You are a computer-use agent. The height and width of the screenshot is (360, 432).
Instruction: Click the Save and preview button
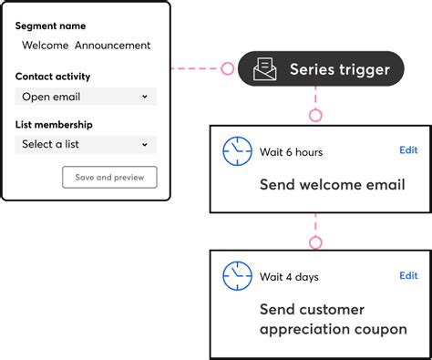[109, 177]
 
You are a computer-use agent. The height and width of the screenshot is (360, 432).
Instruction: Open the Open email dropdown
[86, 97]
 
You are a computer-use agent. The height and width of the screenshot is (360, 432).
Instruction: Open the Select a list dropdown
[86, 144]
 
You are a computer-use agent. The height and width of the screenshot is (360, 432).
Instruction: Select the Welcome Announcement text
[87, 46]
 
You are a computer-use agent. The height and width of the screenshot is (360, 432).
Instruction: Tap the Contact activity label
[53, 77]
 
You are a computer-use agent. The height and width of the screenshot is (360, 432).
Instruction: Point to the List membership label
[54, 125]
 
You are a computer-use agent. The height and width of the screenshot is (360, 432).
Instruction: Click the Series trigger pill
[321, 69]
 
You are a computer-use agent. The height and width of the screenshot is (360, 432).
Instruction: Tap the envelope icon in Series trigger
[265, 69]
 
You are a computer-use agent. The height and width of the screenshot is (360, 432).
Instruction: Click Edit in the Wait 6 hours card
[408, 150]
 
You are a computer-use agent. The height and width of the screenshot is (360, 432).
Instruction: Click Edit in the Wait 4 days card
[408, 275]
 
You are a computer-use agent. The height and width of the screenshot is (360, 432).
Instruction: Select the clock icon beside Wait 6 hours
[237, 151]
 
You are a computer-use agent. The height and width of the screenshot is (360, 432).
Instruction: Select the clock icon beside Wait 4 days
[237, 276]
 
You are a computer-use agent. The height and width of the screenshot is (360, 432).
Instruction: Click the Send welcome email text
[332, 185]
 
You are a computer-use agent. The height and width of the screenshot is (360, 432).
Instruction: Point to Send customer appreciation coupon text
[333, 319]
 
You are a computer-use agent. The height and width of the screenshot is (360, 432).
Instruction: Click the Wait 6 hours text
[291, 152]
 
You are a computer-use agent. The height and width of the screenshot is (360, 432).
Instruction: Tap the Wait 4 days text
[289, 277]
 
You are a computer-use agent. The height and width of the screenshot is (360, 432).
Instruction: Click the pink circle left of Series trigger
[227, 68]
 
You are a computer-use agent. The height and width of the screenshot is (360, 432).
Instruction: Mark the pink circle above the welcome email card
[315, 116]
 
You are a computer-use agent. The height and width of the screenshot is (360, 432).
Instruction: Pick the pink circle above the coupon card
[315, 242]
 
